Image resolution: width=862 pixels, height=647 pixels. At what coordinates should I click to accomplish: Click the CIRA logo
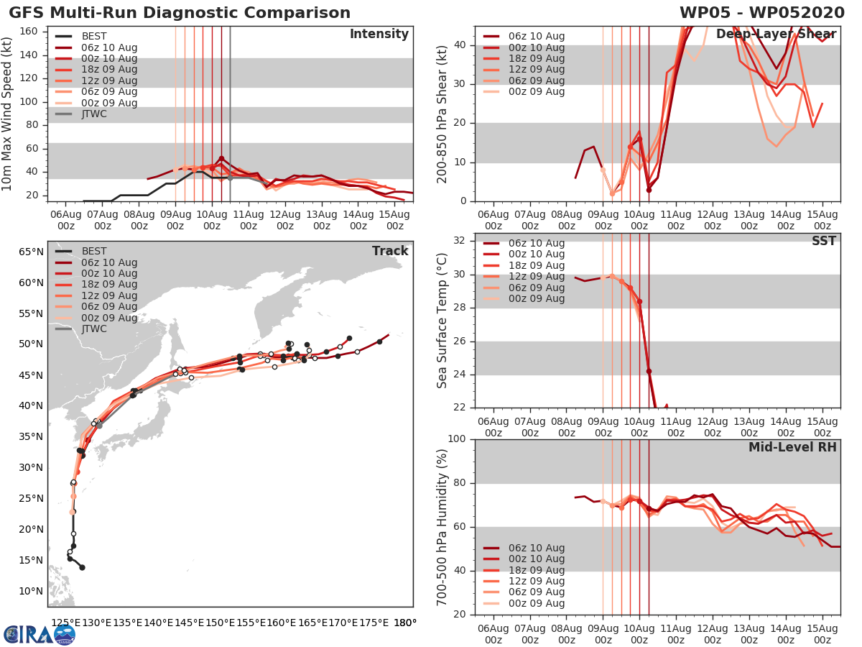coord(39,634)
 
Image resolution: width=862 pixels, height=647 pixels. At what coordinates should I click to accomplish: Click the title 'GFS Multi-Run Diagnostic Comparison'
coord(180,13)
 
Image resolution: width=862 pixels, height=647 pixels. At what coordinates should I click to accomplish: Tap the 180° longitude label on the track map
coord(405,623)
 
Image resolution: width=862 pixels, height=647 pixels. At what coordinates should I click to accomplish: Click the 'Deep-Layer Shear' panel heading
coord(776,35)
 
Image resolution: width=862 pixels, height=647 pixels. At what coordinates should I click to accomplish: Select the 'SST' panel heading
coord(823,241)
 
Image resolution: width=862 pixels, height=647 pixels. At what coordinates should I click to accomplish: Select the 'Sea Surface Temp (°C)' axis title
coord(442,321)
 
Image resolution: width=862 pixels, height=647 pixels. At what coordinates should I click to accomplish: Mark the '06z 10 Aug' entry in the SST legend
coord(536,243)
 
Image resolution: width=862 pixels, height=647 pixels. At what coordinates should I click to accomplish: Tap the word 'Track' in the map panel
coord(390,251)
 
